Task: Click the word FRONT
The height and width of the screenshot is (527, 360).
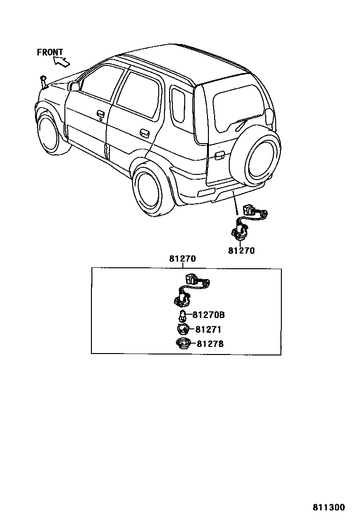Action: pyautogui.click(x=50, y=52)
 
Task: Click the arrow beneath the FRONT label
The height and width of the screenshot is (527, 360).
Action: pyautogui.click(x=61, y=61)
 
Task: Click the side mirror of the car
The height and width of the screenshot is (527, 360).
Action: pyautogui.click(x=74, y=86)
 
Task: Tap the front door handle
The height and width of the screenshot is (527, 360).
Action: pyautogui.click(x=100, y=114)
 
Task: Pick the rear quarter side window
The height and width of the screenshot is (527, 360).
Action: pyautogui.click(x=178, y=104)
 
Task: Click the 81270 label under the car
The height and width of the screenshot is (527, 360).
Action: pyautogui.click(x=241, y=251)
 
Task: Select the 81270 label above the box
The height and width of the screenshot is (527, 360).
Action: pyautogui.click(x=182, y=259)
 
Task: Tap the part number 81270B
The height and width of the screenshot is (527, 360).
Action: pyautogui.click(x=208, y=314)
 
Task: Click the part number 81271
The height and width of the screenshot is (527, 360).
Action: pyautogui.click(x=208, y=329)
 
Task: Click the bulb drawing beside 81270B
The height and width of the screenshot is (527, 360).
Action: pyautogui.click(x=183, y=315)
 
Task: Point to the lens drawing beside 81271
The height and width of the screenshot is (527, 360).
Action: pyautogui.click(x=182, y=329)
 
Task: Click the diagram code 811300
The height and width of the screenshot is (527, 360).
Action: pyautogui.click(x=329, y=507)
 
